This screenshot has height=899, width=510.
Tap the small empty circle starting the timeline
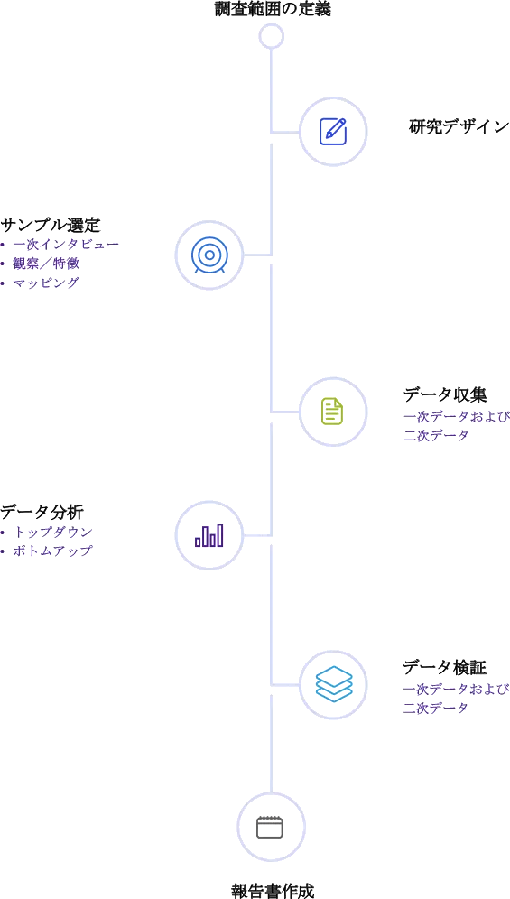pos(272,36)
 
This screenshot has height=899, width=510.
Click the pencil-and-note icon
pos(332,133)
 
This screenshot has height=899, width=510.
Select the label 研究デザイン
pos(459,127)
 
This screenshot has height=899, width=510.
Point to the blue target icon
pos(209,255)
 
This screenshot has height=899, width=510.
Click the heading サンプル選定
pos(51,225)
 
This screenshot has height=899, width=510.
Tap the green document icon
pos(332,412)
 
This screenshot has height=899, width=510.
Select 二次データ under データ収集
pos(437,435)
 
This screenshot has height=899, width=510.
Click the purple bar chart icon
pos(209,535)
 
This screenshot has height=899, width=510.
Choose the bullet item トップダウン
pos(53,532)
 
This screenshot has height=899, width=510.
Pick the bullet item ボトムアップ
pos(53,551)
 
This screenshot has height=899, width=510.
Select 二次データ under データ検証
pos(437,709)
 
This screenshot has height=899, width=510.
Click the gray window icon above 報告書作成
pos(271,828)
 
